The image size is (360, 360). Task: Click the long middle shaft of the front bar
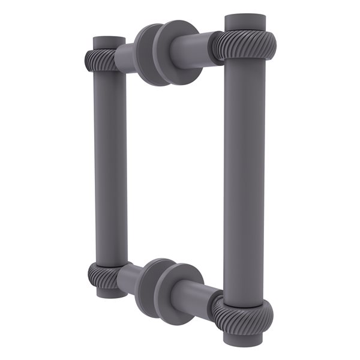tap(244, 180)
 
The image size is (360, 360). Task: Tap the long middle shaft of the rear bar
tap(110, 168)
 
